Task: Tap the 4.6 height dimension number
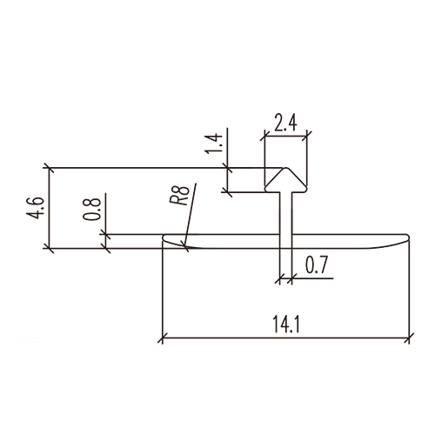pos(34,209)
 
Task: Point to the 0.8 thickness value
pos(95,210)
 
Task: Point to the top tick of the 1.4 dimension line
pos(228,168)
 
